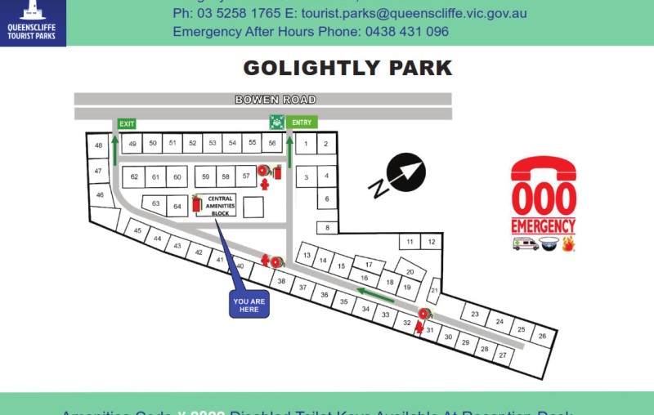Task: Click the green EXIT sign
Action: coord(126,124)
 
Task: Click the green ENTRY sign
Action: coord(302,123)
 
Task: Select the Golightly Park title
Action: coord(347,68)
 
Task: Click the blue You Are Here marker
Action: coord(249,305)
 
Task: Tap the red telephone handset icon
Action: coord(544,170)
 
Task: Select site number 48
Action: coord(98,145)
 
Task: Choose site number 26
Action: coord(541,335)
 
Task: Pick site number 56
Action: coord(272,143)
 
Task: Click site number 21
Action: coord(435,290)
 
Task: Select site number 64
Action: coord(177,206)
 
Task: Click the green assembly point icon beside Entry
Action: coord(277,123)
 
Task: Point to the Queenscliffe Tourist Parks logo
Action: coord(33,22)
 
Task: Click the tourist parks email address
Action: coord(414,14)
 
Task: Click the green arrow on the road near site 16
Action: coord(375,294)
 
